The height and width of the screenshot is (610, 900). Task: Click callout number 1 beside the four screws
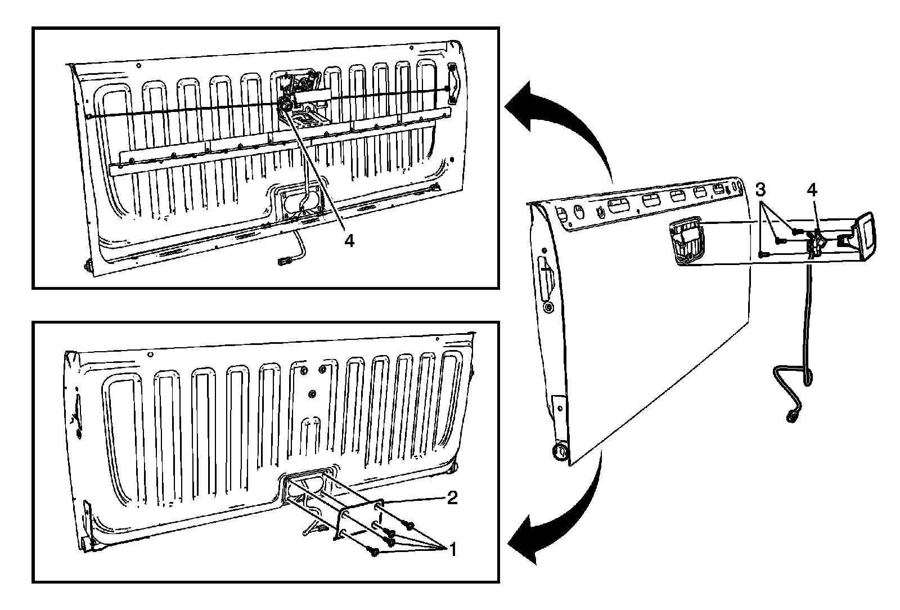coord(453,549)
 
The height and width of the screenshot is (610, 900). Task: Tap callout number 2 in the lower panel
coord(452,498)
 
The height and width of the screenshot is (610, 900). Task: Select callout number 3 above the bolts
coord(760,190)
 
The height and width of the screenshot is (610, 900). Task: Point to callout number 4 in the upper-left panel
coord(349,241)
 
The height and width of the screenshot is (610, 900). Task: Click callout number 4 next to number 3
coord(812,190)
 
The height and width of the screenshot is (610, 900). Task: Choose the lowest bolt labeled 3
coord(763,254)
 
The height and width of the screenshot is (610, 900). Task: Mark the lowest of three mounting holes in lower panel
coord(312,393)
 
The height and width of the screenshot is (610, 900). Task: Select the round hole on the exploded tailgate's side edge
coord(548,308)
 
